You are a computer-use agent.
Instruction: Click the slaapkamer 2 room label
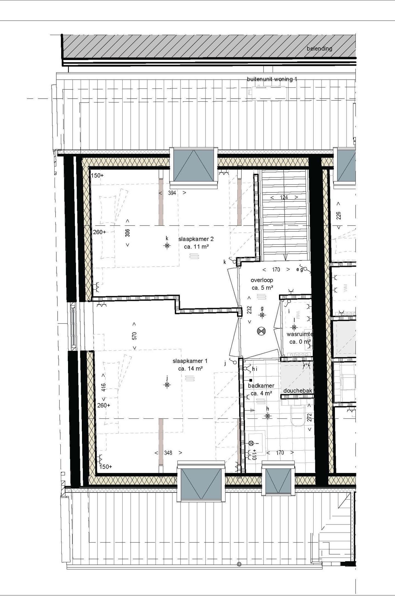tap(196, 239)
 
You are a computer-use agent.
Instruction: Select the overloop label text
tap(262, 280)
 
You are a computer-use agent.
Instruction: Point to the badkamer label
tap(261, 386)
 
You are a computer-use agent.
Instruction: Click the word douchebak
tap(298, 390)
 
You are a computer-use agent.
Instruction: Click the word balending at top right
tap(319, 49)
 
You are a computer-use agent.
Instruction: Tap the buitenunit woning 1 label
tap(272, 79)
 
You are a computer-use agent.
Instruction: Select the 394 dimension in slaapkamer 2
tap(172, 193)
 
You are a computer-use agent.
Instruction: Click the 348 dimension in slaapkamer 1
tap(168, 453)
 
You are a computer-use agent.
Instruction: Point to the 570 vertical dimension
tap(134, 336)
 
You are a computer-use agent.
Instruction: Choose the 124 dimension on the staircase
tap(284, 197)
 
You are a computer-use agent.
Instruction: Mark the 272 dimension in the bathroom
tap(309, 417)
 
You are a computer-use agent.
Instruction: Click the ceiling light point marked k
tap(167, 246)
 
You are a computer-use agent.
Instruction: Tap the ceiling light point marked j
tap(167, 385)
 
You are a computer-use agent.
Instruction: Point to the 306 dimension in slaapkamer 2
tap(128, 233)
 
